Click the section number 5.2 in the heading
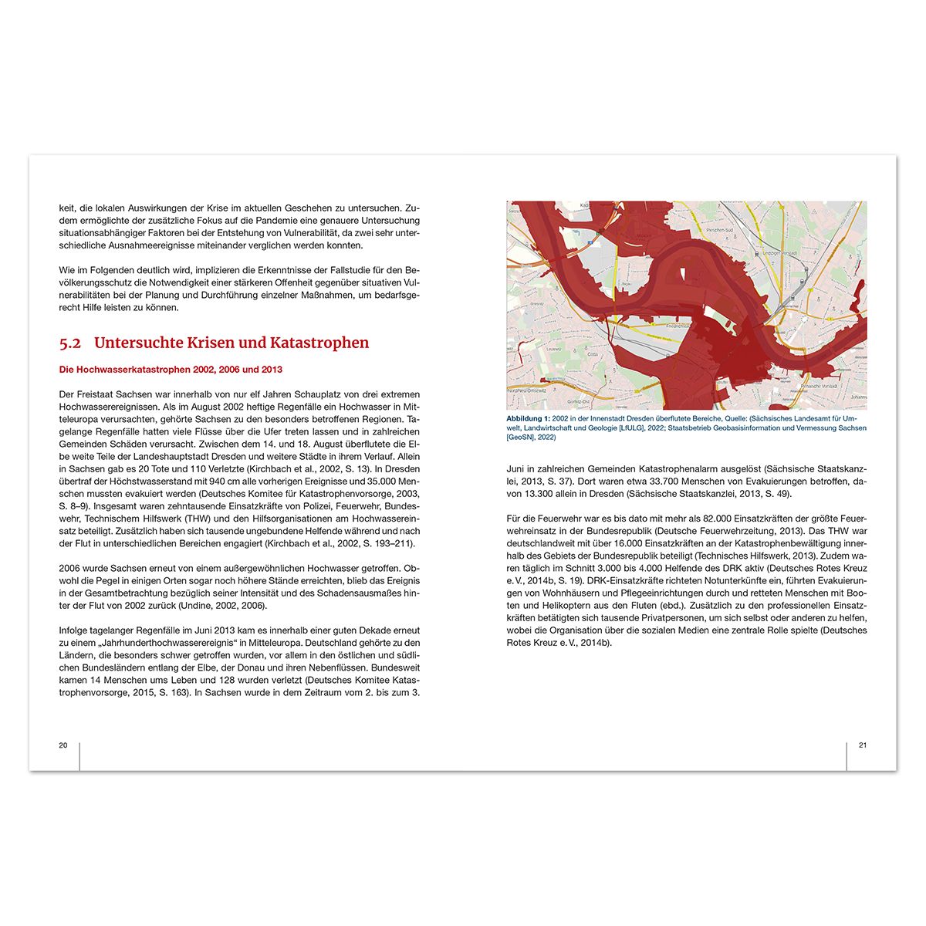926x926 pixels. click(70, 343)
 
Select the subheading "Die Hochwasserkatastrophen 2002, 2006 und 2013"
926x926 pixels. click(171, 370)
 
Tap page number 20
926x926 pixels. click(63, 745)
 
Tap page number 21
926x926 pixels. click(863, 745)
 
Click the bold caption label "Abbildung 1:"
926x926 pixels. click(528, 418)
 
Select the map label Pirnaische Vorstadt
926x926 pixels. click(819, 386)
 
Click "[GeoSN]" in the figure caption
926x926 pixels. click(520, 438)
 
